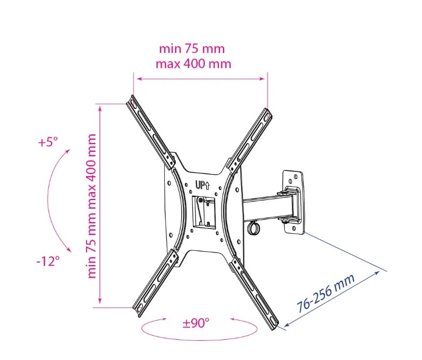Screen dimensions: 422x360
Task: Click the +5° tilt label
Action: [x=48, y=142]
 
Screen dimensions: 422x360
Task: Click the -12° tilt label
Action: [x=48, y=261]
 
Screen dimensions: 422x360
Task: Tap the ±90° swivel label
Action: [x=195, y=323]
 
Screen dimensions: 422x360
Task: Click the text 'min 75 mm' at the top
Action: [x=192, y=49]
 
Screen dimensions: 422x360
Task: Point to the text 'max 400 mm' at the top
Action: [x=193, y=64]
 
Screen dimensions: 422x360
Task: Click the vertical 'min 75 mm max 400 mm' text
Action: [x=92, y=206]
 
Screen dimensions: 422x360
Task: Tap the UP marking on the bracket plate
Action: [x=202, y=185]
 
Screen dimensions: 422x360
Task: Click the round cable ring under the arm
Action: [x=254, y=227]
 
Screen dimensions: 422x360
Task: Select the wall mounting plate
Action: [x=293, y=201]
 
